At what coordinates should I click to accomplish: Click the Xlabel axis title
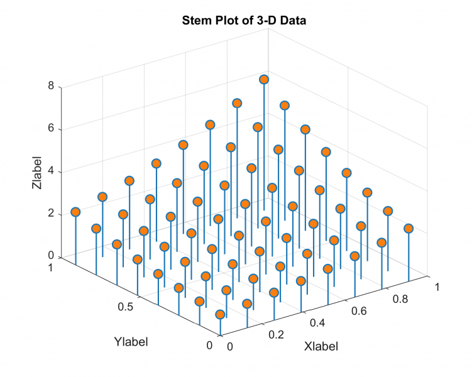321,346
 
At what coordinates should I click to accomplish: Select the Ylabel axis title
131,342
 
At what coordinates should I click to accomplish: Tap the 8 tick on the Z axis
50,87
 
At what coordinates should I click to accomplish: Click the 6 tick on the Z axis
50,129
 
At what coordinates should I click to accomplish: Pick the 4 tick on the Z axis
50,172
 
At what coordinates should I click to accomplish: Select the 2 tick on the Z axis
50,214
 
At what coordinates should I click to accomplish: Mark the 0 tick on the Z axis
50,256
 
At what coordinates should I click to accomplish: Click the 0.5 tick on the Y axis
126,307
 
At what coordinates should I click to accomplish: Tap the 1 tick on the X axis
437,287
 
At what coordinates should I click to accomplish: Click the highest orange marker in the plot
264,79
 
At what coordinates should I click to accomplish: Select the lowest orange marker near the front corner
220,314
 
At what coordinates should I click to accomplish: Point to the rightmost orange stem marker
409,228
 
